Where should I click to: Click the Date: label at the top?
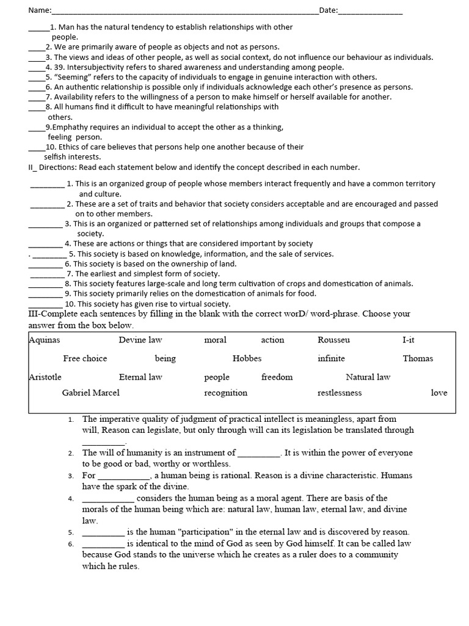[329, 10]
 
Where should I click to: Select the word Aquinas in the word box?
[45, 340]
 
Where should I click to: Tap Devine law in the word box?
[140, 340]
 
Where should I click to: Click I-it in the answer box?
[409, 340]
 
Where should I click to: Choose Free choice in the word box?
[85, 359]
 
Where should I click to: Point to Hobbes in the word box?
[247, 359]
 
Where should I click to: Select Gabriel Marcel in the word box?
[91, 393]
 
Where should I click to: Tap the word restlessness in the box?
[340, 393]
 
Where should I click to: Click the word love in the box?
[439, 393]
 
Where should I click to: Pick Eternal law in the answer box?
[140, 377]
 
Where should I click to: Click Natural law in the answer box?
[368, 377]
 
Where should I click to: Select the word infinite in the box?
[331, 359]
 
